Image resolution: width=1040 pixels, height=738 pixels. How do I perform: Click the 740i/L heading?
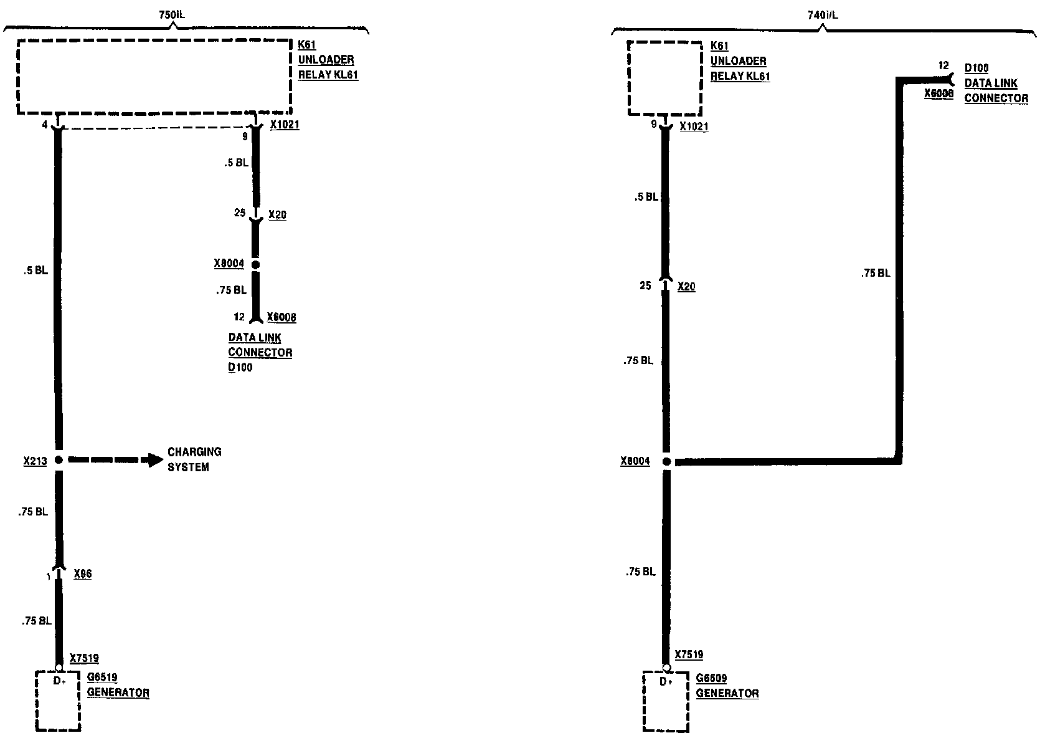pos(823,15)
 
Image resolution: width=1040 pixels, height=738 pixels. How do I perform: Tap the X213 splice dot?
pos(59,460)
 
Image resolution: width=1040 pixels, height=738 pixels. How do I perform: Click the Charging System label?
pos(194,459)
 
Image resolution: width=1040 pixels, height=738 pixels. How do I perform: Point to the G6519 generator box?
pos(59,700)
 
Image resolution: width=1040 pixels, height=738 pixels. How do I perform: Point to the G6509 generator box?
pos(666,701)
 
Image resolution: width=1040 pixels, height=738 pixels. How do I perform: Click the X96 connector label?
pos(82,573)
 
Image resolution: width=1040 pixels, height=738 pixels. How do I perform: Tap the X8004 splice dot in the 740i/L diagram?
pos(666,462)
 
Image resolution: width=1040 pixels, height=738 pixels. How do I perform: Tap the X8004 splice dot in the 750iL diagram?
pos(255,265)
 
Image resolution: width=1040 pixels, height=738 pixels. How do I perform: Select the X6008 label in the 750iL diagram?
pos(281,317)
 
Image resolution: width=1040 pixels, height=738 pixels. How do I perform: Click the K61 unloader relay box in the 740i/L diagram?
pos(665,78)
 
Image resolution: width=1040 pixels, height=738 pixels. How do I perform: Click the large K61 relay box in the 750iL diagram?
pos(154,77)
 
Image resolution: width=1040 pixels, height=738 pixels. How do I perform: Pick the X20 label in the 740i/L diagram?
pos(686,287)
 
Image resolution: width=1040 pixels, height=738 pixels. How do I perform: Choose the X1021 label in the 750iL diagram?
pos(285,125)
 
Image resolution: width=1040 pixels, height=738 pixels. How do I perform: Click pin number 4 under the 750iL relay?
pos(45,125)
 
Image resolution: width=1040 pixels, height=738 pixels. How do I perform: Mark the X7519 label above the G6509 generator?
pos(689,654)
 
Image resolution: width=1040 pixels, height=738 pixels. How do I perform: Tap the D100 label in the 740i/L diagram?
pos(976,68)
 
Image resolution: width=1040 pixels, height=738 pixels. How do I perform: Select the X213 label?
pos(35,461)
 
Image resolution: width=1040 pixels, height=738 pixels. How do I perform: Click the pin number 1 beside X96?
pos(48,577)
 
